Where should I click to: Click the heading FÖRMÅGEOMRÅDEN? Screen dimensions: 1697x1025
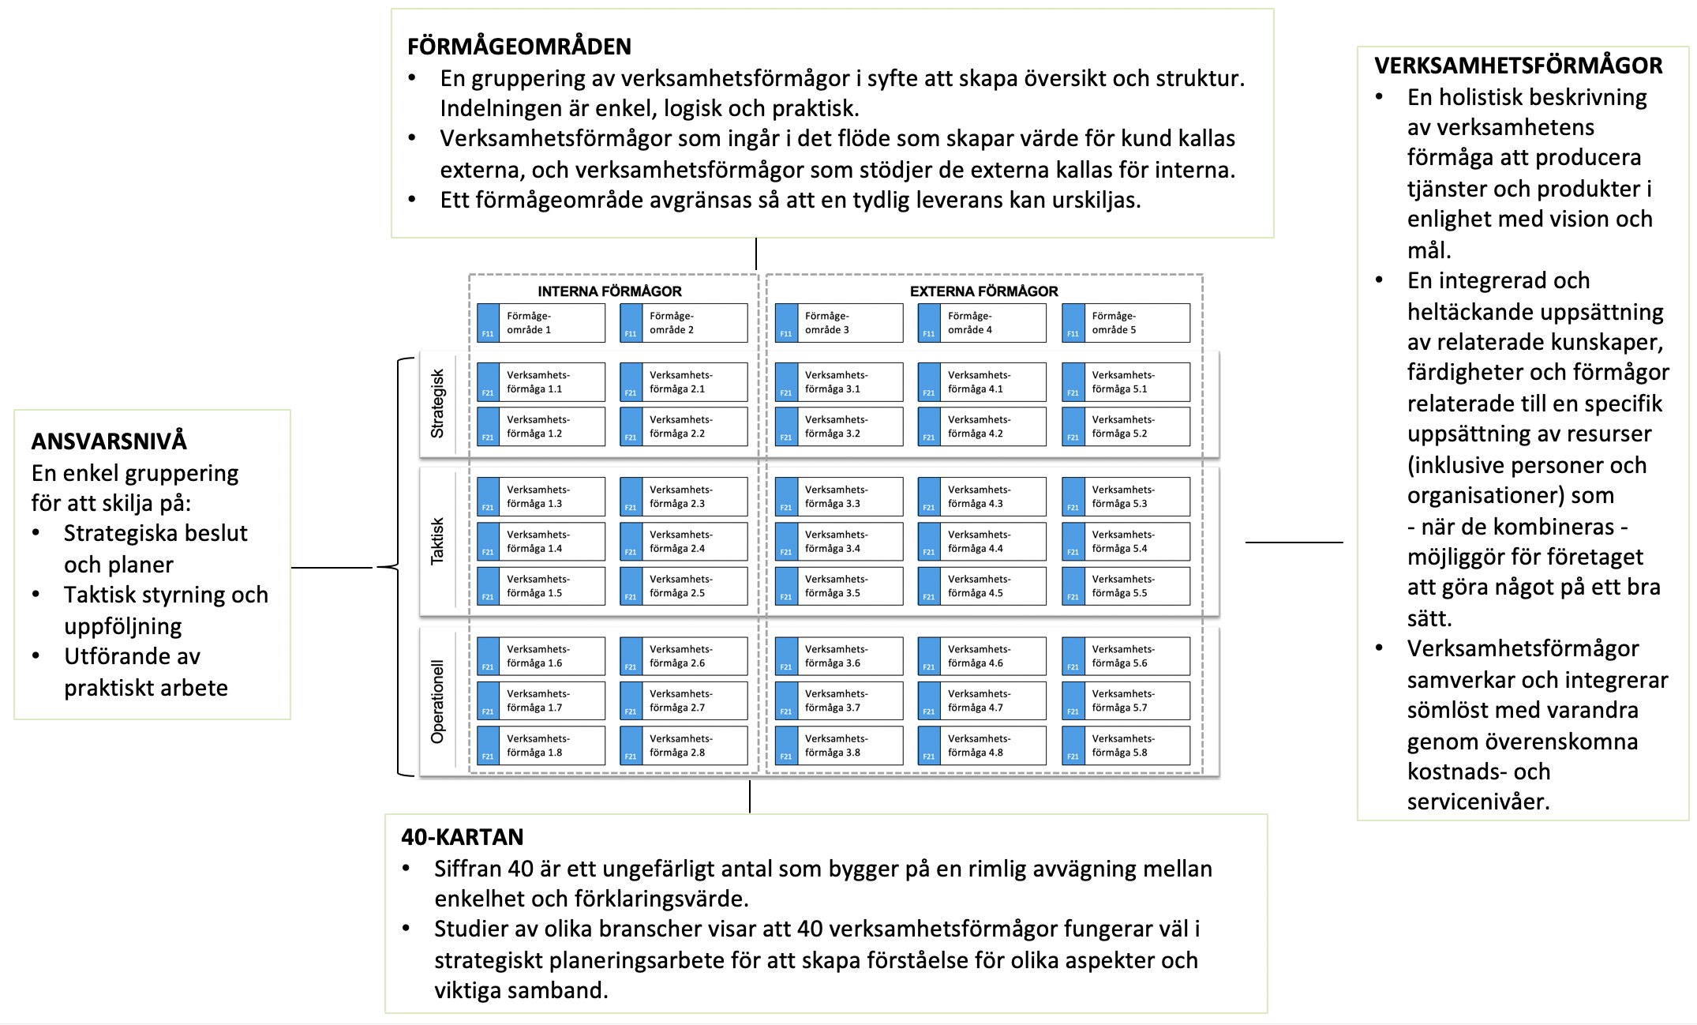pos(519,47)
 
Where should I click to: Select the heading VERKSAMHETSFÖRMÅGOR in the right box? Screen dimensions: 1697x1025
pos(1519,66)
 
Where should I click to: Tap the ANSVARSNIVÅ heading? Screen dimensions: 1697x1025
pos(109,441)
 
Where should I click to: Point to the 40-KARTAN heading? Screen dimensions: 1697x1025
pos(463,837)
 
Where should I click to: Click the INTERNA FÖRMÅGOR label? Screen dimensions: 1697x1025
pos(609,291)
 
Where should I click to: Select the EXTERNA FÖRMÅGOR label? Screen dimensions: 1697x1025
pos(983,291)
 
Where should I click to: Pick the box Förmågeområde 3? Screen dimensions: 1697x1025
pos(839,323)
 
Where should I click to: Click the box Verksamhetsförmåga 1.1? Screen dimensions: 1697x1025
pos(541,382)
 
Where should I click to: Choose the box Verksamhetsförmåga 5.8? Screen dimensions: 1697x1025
pos(1126,745)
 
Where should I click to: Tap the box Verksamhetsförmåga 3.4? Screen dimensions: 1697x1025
pos(839,542)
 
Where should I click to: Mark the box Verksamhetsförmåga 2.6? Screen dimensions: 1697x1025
pos(684,656)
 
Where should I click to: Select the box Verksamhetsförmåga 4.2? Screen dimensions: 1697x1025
pos(982,426)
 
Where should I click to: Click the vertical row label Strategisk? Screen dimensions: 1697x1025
pos(438,404)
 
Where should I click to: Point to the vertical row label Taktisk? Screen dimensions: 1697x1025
pos(438,541)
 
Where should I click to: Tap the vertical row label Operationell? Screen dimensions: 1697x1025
pos(438,701)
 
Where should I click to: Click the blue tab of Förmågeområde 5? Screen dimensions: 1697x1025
pos(1073,323)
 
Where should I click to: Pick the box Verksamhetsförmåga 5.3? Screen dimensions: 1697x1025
pos(1126,497)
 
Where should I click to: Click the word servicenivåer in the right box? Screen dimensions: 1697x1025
pos(1478,802)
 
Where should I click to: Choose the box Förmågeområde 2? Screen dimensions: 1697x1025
pos(684,323)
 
